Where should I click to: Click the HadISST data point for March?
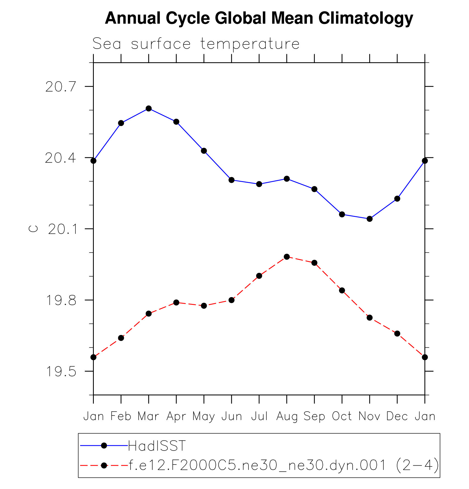coord(149,108)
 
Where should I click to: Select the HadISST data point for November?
coord(369,219)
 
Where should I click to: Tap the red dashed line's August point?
coord(287,257)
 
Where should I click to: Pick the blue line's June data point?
coord(231,180)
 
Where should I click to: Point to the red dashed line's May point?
coord(204,306)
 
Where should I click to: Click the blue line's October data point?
coord(342,214)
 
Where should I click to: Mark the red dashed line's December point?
coord(397,334)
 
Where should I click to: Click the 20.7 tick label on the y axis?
coord(61,87)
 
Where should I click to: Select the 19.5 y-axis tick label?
coord(61,372)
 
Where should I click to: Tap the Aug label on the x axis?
coord(287,417)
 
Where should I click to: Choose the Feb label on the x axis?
coord(121,417)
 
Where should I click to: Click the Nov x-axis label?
coord(369,417)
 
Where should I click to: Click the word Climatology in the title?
coord(366,18)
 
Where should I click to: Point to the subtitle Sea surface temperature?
coord(196,44)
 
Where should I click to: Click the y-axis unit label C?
coord(33,229)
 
